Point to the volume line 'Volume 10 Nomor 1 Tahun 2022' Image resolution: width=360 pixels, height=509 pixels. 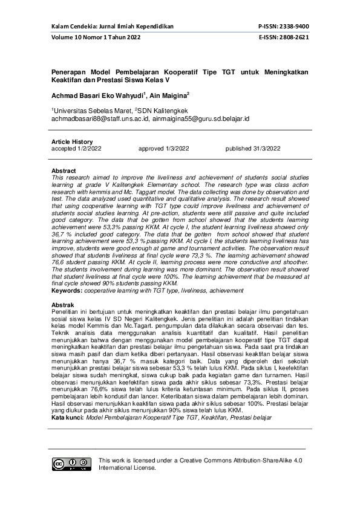tap(96, 37)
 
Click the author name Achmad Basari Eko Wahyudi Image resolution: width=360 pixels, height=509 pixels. tap(97, 95)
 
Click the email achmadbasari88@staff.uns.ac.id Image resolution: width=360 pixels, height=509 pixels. tap(103, 119)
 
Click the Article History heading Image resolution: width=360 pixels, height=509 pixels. tap(72, 141)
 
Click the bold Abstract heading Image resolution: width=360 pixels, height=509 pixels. tap(64, 171)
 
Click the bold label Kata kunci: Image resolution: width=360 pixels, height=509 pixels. tap(68, 418)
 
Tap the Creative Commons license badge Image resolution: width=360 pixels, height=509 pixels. tap(72, 464)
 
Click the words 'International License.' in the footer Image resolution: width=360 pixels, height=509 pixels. tap(128, 467)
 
